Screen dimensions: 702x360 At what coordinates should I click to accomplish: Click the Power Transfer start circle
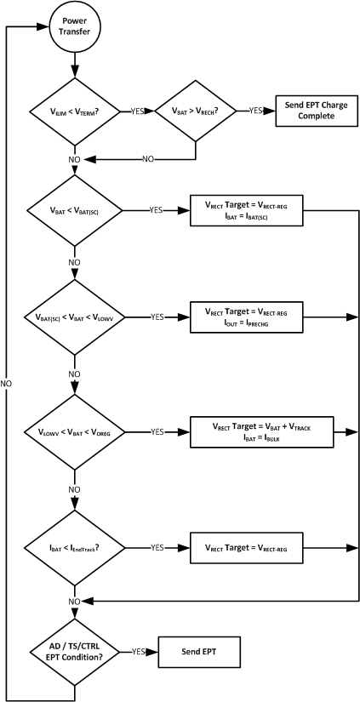pos(76,26)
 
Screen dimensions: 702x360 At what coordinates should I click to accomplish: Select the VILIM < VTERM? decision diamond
pos(76,111)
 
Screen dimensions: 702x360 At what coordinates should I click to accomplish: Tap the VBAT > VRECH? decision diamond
pos(197,111)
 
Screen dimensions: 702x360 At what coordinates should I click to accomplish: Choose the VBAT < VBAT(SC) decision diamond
pos(76,208)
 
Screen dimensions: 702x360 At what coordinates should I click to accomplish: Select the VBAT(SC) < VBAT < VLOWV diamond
pos(76,317)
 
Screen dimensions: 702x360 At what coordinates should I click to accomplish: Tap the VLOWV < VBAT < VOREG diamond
pos(76,432)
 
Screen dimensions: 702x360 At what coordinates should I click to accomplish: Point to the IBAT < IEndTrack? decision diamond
pos(76,548)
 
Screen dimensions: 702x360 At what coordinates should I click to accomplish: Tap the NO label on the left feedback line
pos(7,383)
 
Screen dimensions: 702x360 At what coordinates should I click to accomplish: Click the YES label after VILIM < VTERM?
pos(137,111)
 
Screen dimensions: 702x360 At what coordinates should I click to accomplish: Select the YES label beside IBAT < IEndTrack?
pos(157,548)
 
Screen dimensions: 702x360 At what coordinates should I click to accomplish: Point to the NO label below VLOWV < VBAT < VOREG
pos(76,488)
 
